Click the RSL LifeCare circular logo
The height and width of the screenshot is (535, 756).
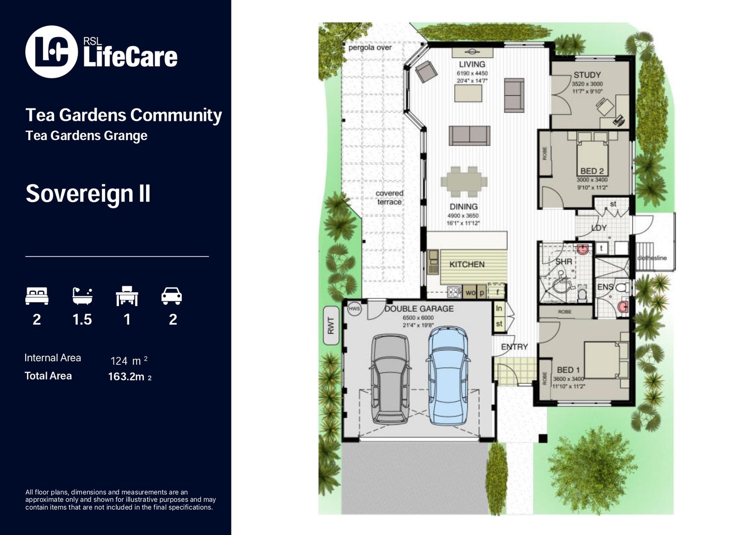(52, 52)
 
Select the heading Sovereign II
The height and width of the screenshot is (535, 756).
(88, 193)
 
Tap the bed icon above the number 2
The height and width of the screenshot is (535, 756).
(37, 296)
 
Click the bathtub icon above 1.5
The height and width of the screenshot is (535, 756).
(82, 296)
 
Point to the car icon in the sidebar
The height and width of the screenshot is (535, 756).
(172, 296)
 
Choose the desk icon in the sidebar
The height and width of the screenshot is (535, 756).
(127, 296)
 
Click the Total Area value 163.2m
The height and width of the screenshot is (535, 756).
(126, 377)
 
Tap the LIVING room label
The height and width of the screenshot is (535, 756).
(472, 64)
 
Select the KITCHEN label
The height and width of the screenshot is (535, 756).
(467, 265)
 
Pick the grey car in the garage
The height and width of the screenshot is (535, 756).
(391, 379)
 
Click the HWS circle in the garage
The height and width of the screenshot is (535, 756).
(354, 309)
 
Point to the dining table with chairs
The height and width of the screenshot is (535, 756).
(464, 181)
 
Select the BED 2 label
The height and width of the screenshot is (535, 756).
(592, 171)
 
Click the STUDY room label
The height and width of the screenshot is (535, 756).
(587, 75)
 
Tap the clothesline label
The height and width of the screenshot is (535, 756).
(652, 258)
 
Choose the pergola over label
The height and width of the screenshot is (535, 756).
(370, 48)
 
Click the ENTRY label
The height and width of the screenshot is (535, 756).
(514, 347)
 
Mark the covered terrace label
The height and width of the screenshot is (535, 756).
(389, 198)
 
